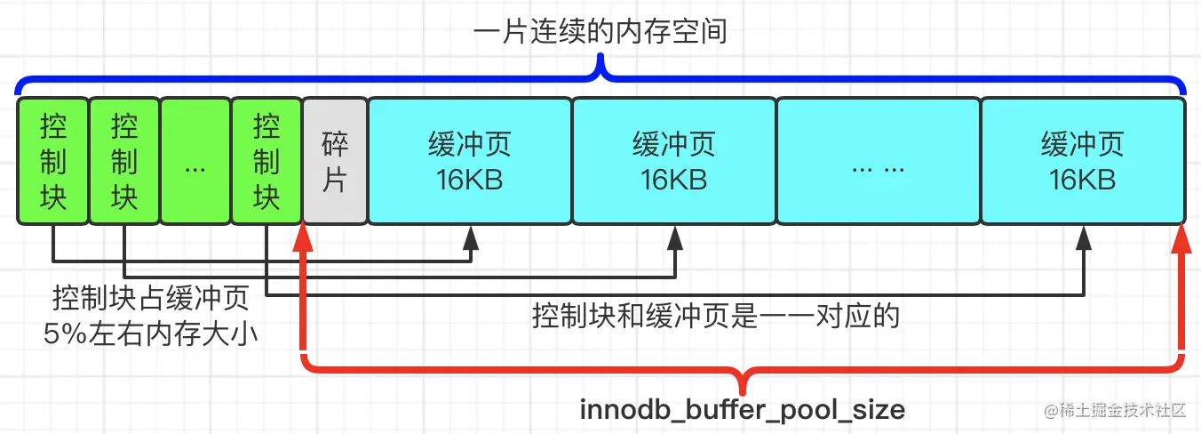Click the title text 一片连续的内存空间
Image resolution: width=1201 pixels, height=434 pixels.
[x=600, y=34]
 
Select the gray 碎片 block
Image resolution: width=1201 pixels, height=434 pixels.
[x=334, y=161]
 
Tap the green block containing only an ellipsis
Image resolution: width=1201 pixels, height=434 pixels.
[x=195, y=161]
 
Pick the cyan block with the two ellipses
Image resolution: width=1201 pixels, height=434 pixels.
[x=878, y=161]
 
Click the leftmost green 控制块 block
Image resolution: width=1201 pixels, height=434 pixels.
[x=52, y=161]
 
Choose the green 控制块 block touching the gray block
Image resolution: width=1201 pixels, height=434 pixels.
[x=266, y=161]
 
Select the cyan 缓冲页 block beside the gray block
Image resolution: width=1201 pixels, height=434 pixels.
[x=469, y=161]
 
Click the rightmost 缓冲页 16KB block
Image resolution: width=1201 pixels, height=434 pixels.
[x=1082, y=161]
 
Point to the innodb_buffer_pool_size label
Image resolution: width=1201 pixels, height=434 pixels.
[x=743, y=410]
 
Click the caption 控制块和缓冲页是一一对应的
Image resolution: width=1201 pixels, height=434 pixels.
[x=715, y=316]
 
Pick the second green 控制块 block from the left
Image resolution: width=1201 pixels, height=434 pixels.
[x=123, y=161]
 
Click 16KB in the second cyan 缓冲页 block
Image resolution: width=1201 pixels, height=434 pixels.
[x=673, y=180]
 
